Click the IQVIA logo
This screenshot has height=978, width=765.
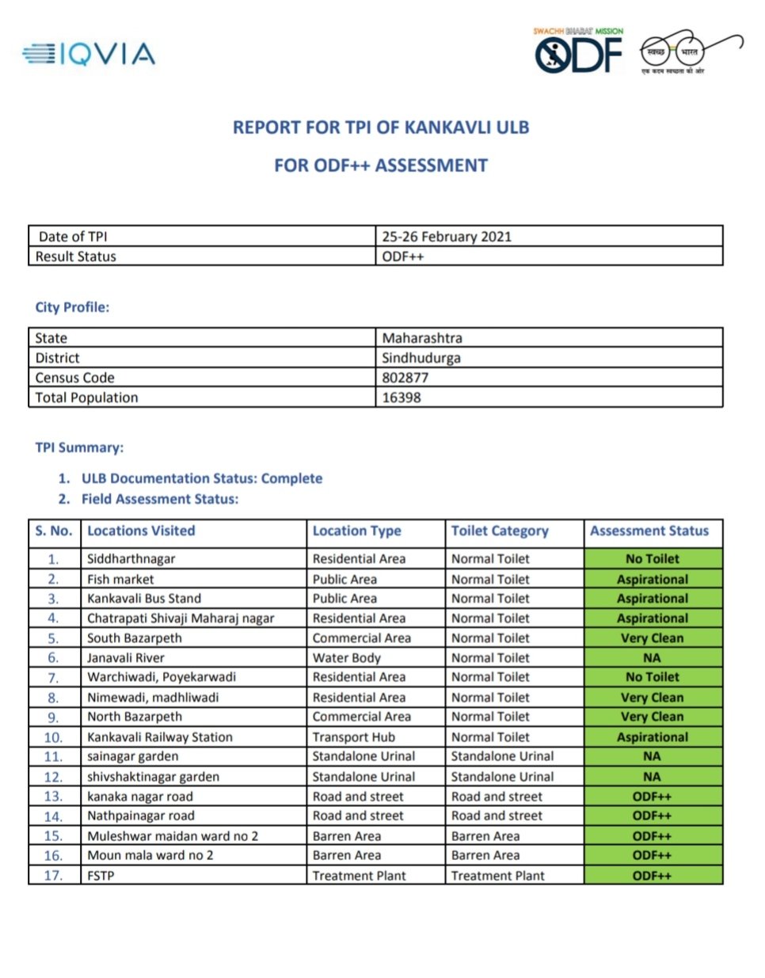(x=89, y=54)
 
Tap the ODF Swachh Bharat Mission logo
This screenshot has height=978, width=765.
(x=578, y=52)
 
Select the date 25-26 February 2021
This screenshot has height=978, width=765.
(x=447, y=236)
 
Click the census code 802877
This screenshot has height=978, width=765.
(x=405, y=378)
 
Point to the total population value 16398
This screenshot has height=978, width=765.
(x=402, y=398)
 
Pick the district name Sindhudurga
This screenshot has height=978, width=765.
(x=421, y=358)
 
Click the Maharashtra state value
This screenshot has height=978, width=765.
(x=422, y=338)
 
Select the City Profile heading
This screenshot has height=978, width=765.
(x=72, y=307)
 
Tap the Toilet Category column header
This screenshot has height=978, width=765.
(x=500, y=531)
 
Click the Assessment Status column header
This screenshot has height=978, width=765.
(x=649, y=531)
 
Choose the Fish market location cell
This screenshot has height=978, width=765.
(x=120, y=580)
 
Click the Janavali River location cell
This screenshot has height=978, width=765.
(x=126, y=658)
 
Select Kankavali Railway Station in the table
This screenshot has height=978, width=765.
(x=160, y=737)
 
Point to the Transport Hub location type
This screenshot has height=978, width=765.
(x=353, y=737)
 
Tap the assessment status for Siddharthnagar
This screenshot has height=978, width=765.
(x=653, y=559)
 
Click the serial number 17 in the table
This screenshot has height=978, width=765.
(x=53, y=876)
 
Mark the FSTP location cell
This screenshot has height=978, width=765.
(x=101, y=876)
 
